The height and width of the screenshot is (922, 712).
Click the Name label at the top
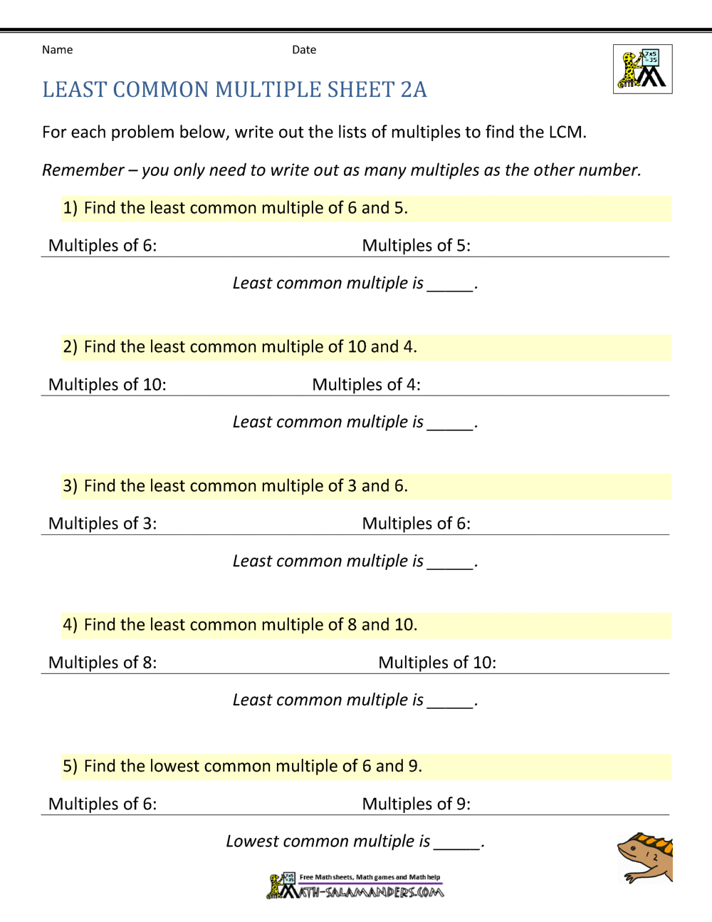click(57, 50)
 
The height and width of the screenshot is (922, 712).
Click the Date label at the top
click(304, 50)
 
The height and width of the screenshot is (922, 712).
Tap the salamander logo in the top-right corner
click(642, 69)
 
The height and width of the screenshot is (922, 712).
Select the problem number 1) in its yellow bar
click(70, 208)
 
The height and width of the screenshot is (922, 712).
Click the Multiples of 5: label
click(416, 246)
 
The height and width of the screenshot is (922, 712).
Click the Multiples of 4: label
click(366, 385)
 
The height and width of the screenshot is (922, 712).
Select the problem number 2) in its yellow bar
click(70, 347)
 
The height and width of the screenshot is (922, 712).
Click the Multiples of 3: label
click(103, 524)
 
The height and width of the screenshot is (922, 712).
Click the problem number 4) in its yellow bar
click(70, 625)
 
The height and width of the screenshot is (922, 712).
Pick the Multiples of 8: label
click(103, 663)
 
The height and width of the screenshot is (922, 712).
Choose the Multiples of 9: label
click(416, 804)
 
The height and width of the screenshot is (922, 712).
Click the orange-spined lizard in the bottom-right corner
click(645, 857)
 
